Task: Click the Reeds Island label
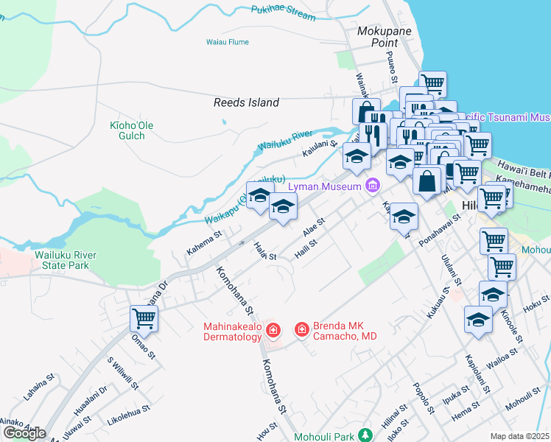coord(246,103)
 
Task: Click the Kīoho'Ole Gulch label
coord(131,131)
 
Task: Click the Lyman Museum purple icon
coord(373,186)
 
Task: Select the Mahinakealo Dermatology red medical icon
coord(273,329)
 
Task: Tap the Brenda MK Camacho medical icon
coord(301,329)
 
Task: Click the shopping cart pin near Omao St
coord(144,318)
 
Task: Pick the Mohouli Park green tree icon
coord(362,436)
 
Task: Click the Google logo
coord(24,433)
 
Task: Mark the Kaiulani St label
coord(319,151)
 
